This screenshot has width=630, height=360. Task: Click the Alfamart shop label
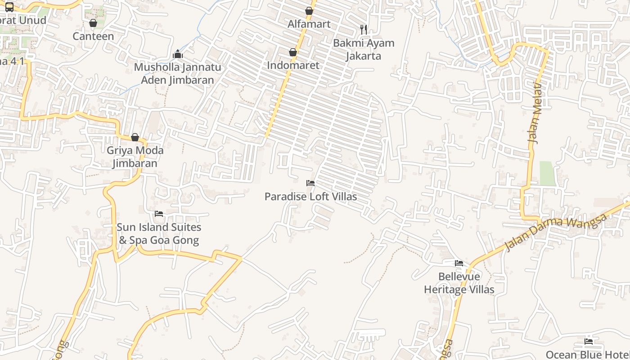pyautogui.click(x=309, y=24)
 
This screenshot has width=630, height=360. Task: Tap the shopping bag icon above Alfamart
pyautogui.click(x=309, y=11)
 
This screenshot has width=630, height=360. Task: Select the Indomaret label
pyautogui.click(x=293, y=65)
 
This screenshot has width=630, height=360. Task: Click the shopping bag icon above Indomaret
pyautogui.click(x=293, y=52)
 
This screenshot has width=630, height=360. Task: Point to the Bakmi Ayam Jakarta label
pyautogui.click(x=364, y=49)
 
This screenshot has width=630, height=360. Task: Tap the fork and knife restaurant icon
pyautogui.click(x=364, y=30)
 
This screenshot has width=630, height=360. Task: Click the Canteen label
pyautogui.click(x=93, y=36)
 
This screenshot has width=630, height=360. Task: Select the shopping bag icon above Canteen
pyautogui.click(x=93, y=23)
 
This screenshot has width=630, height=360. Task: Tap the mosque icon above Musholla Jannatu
pyautogui.click(x=178, y=54)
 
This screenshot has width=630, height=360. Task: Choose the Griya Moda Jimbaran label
pyautogui.click(x=135, y=157)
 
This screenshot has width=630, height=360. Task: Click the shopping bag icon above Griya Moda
pyautogui.click(x=135, y=137)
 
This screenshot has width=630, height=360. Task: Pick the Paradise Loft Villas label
pyautogui.click(x=310, y=197)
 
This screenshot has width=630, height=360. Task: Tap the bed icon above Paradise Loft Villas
pyautogui.click(x=310, y=183)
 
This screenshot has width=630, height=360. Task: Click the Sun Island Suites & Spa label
pyautogui.click(x=159, y=234)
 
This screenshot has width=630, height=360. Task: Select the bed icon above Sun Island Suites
pyautogui.click(x=159, y=214)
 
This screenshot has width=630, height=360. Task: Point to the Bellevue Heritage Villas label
pyautogui.click(x=459, y=283)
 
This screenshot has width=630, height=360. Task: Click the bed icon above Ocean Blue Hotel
pyautogui.click(x=589, y=341)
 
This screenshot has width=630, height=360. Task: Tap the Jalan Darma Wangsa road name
pyautogui.click(x=556, y=232)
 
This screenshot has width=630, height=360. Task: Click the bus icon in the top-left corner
pyautogui.click(x=9, y=7)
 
